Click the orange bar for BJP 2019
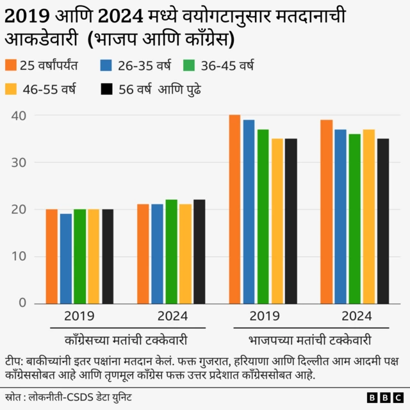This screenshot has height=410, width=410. coord(235,209)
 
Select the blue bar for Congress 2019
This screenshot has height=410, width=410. coord(65,258)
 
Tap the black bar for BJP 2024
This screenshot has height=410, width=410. coord(382,220)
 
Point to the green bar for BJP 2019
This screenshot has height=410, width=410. coord(263,216)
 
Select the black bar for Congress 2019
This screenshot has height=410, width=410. coord(108,256)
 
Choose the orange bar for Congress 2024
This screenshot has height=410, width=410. coord(143,254)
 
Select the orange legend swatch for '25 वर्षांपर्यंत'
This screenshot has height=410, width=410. coord(11,65)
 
